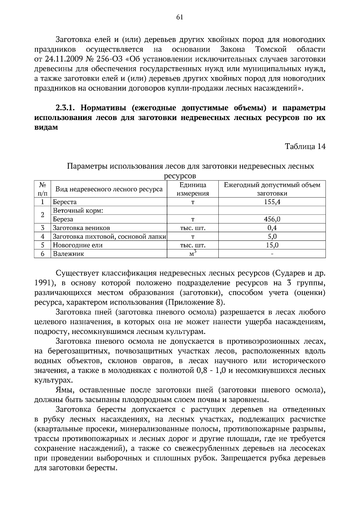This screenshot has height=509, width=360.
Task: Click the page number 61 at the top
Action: click(180, 17)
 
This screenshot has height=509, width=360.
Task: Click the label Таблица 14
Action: click(305, 147)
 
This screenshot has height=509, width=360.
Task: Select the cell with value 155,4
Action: click(272, 202)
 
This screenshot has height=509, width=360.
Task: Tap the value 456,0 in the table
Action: click(272, 219)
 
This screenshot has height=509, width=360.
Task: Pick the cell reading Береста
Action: click(64, 202)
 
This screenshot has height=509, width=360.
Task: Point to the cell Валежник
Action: click(68, 254)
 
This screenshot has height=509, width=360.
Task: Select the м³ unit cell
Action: click(193, 253)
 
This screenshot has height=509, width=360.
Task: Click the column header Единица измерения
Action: click(193, 189)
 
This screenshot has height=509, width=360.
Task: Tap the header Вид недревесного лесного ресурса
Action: click(109, 189)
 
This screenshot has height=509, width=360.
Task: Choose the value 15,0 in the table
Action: click(272, 245)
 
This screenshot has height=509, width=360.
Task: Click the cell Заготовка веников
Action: click(81, 228)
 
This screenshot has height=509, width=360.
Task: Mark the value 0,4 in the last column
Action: click(272, 228)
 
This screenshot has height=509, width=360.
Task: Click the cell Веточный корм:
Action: click(78, 211)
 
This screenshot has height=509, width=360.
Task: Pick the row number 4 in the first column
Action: click(43, 237)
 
